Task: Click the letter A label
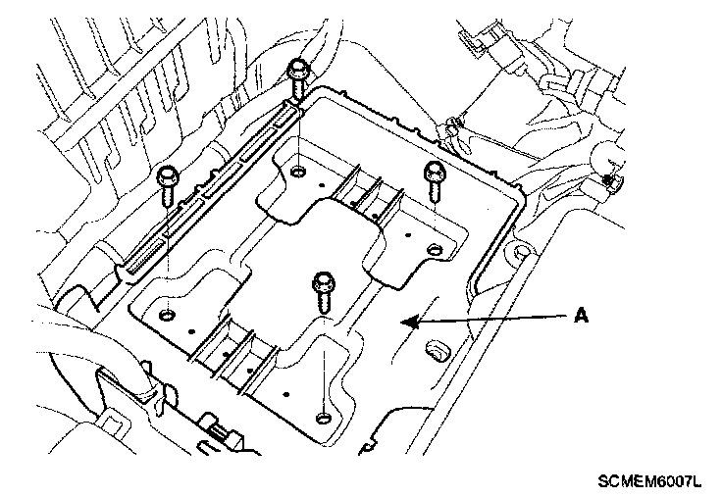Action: pyautogui.click(x=581, y=316)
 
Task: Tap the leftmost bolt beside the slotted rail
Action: pyautogui.click(x=168, y=183)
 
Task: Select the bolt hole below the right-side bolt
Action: pyautogui.click(x=434, y=249)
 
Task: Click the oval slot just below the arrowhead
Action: pyautogui.click(x=434, y=348)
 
